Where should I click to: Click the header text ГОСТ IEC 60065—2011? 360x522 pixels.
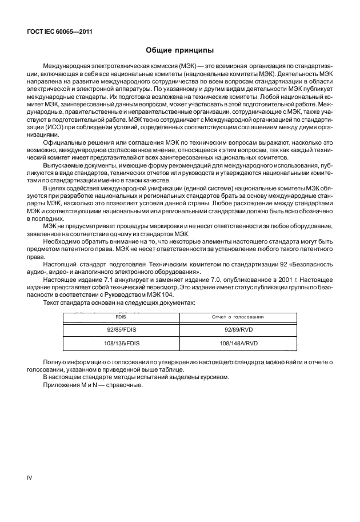[59, 33]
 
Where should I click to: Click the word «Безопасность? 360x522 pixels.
[311, 266]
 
